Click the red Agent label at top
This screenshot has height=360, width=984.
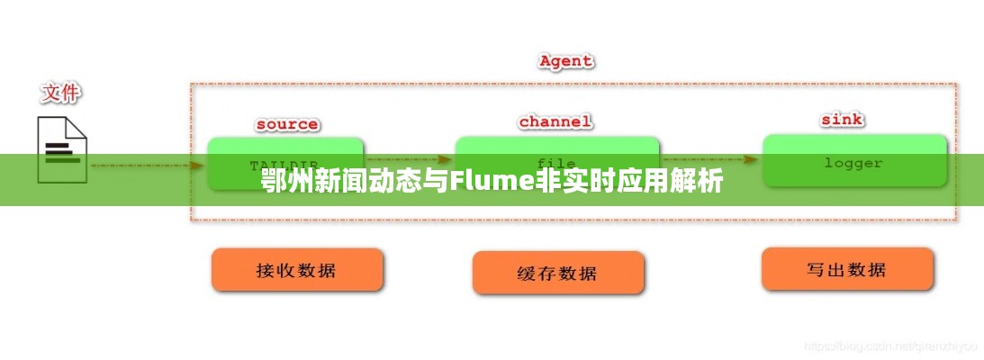[x=565, y=61]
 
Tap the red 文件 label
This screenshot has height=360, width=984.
[x=60, y=93]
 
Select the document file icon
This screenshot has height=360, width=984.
[x=62, y=148]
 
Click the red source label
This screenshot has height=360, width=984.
[x=286, y=124]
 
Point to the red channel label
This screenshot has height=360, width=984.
[x=555, y=121]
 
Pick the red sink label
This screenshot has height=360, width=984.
[x=842, y=119]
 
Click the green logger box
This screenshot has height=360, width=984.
[x=854, y=162]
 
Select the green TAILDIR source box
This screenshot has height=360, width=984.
[x=285, y=163]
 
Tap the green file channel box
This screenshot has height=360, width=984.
[x=556, y=163]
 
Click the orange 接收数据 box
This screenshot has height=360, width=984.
[x=297, y=270]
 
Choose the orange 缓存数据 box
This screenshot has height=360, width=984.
[x=558, y=273]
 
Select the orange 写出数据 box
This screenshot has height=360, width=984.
[x=846, y=269]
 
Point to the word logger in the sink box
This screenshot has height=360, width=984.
[x=853, y=163]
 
